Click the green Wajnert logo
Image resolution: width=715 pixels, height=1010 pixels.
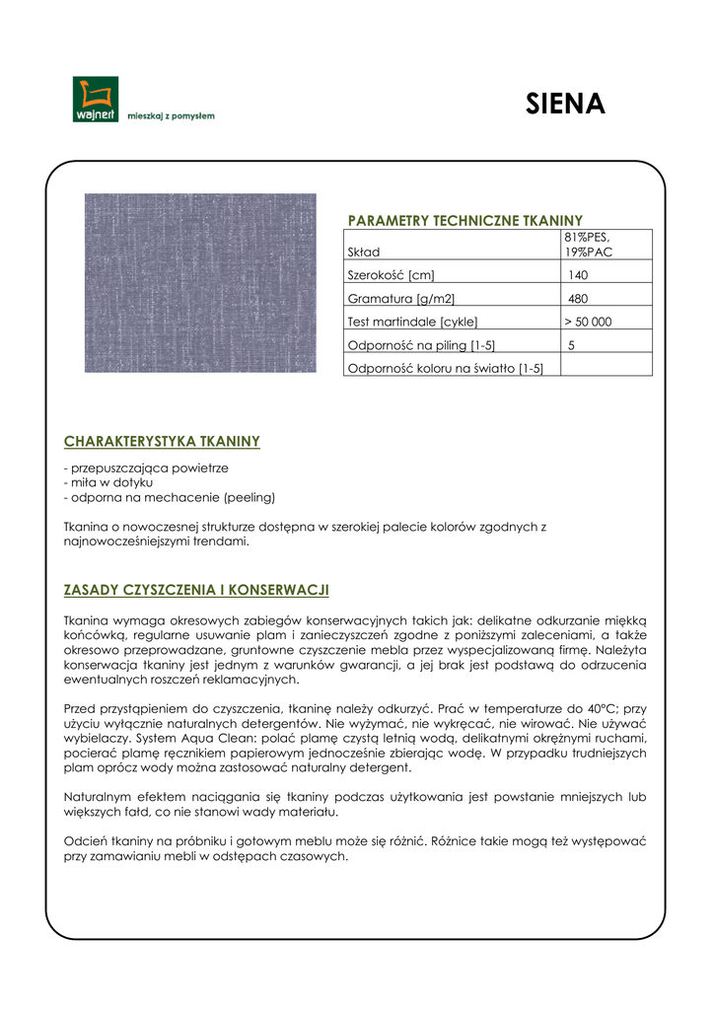(95, 99)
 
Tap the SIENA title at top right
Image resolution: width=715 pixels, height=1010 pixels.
(565, 105)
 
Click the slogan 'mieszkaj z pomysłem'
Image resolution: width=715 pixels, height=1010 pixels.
(171, 115)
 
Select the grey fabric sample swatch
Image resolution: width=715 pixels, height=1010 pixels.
(200, 282)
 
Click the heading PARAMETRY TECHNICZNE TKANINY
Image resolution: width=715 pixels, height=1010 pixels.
(465, 220)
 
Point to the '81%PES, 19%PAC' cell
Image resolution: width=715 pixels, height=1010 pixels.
(589, 244)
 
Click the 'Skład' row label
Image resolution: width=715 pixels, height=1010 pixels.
(364, 252)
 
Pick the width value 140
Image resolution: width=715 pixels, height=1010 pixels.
(578, 275)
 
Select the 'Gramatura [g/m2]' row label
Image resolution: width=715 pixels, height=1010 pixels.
(401, 298)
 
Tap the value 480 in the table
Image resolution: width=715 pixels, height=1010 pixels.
(578, 298)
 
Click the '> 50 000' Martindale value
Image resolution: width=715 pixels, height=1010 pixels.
(588, 322)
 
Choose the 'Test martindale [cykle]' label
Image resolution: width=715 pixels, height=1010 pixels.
(412, 322)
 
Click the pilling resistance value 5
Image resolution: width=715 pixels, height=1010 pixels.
(572, 345)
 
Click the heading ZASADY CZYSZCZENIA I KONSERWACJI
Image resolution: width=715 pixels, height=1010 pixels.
(195, 590)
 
